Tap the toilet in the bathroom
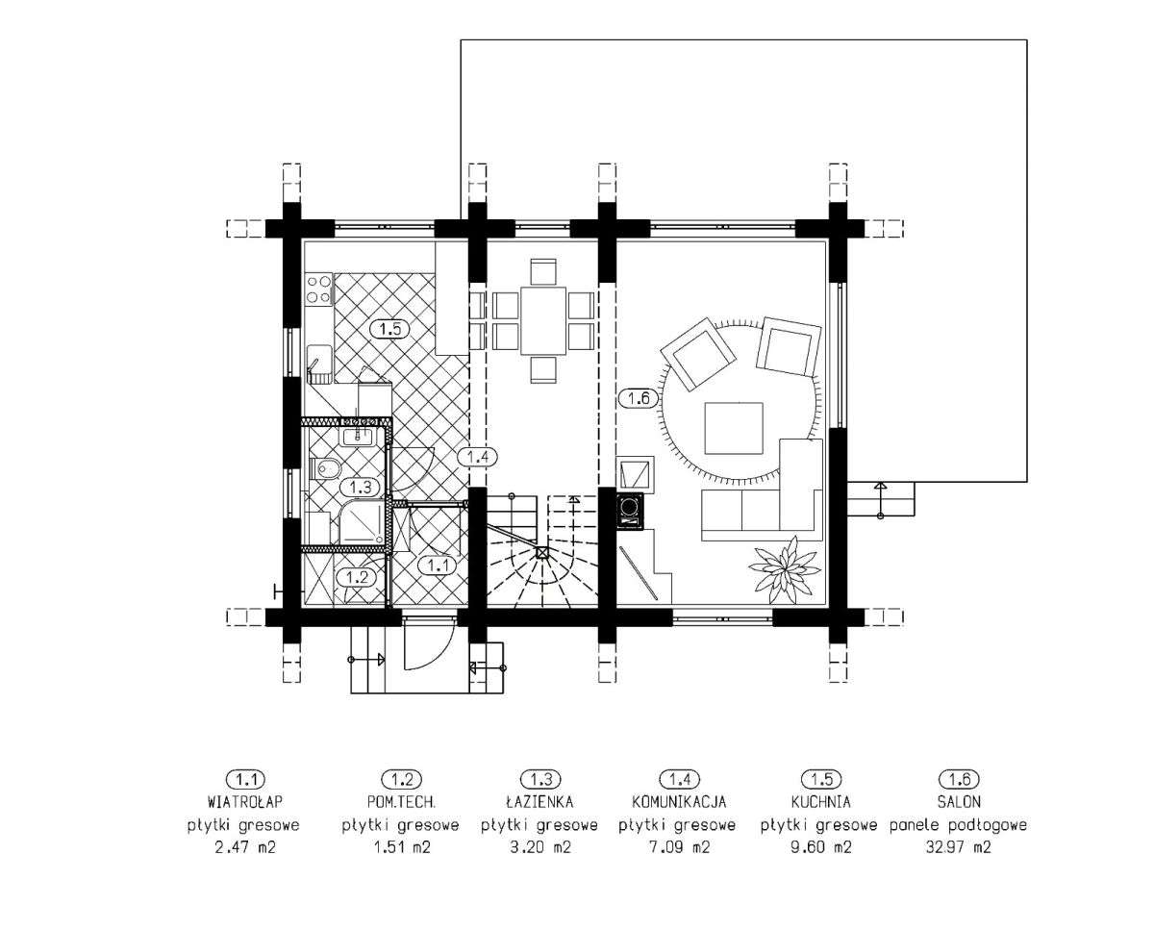[x=325, y=468]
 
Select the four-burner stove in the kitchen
[x=319, y=289]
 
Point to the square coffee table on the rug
[x=734, y=429]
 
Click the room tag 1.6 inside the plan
[x=639, y=398]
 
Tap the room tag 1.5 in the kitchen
[x=389, y=329]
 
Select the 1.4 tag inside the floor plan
[x=477, y=457]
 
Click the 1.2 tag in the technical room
[x=357, y=578]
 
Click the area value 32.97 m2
[x=958, y=847]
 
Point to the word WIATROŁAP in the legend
[x=244, y=801]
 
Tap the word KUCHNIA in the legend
[x=820, y=802]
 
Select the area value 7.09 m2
[x=679, y=847]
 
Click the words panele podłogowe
[x=958, y=825]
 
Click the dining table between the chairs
[x=543, y=320]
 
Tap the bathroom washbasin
[x=358, y=435]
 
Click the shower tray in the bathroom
[x=362, y=521]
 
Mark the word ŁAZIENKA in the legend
[x=539, y=801]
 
